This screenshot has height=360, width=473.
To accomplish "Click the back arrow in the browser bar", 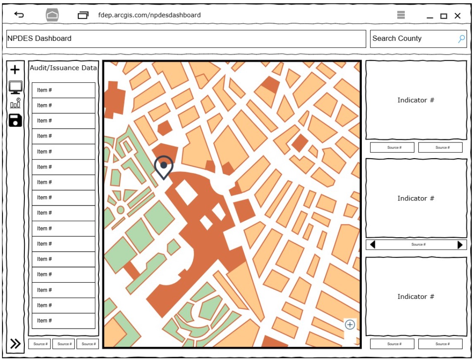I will pyautogui.click(x=19, y=15).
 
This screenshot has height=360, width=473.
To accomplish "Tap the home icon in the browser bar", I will pyautogui.click(x=52, y=16).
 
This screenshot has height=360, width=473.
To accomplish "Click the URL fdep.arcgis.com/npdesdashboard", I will pyautogui.click(x=149, y=15).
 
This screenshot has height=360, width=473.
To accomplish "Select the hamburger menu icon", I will pyautogui.click(x=401, y=15).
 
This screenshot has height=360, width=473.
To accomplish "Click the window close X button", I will pyautogui.click(x=457, y=16).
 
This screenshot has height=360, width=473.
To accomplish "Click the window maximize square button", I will pyautogui.click(x=444, y=16).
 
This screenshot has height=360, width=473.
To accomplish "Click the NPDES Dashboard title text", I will pyautogui.click(x=39, y=38).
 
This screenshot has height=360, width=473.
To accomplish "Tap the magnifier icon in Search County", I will pyautogui.click(x=461, y=39).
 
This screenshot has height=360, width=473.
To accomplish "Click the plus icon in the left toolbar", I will pyautogui.click(x=15, y=70).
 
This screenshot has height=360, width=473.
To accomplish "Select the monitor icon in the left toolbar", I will pyautogui.click(x=15, y=87).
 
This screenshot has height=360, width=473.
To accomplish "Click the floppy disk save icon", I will pyautogui.click(x=15, y=120).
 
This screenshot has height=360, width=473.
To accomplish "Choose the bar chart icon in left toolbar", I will pyautogui.click(x=15, y=103).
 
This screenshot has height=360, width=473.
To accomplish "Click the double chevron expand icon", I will pyautogui.click(x=15, y=343).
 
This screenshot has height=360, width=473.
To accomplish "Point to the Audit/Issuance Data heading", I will pyautogui.click(x=63, y=68).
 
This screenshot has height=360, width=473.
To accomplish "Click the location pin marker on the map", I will pyautogui.click(x=164, y=166).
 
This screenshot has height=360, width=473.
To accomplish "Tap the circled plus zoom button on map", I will pyautogui.click(x=350, y=324).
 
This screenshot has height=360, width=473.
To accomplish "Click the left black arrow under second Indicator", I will pyautogui.click(x=373, y=245).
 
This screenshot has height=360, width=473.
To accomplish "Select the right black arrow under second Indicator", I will pyautogui.click(x=460, y=245).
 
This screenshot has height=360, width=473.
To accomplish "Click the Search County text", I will pyautogui.click(x=397, y=38).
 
